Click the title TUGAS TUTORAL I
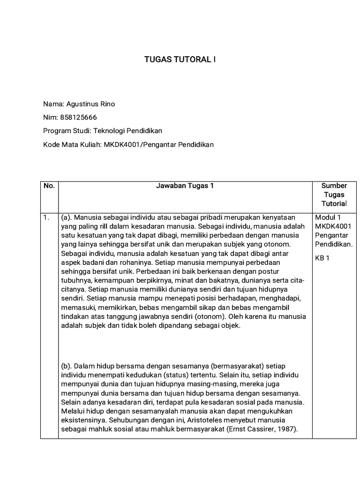coord(180,60)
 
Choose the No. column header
coord(49,186)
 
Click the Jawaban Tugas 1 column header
coord(185,186)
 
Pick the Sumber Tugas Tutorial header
coord(334,195)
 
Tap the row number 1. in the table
coord(46,217)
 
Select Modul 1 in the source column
coord(328,217)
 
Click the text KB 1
coord(323,258)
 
